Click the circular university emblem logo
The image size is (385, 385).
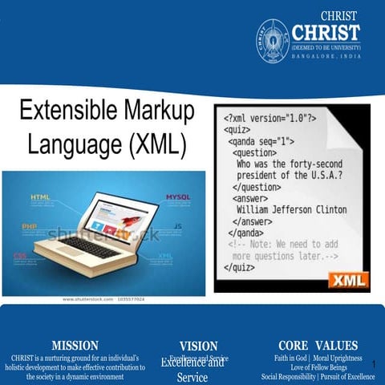pos(273,37)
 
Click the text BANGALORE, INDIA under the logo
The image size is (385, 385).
pos(326,57)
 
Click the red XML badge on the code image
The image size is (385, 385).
pos(346,279)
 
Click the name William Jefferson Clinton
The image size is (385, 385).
pos(291,209)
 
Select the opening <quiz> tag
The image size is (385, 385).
pos(237,129)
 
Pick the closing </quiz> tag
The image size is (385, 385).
pos(238,268)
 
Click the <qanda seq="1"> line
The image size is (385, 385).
pos(262,140)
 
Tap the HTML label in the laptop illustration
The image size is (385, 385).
pos(40,197)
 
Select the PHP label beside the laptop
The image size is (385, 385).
pos(30,227)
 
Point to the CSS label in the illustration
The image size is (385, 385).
pos(20,256)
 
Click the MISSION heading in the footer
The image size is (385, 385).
pos(75,346)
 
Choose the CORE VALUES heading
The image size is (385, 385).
pos(318,346)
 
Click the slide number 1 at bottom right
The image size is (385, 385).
pos(374,363)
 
